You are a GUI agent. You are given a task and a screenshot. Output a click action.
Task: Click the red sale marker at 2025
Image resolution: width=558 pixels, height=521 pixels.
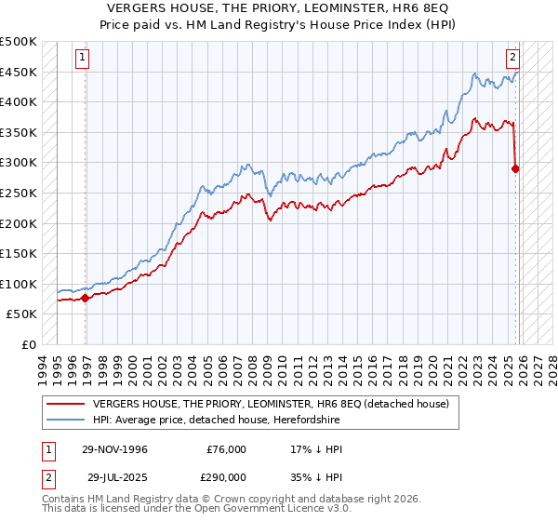click(515, 168)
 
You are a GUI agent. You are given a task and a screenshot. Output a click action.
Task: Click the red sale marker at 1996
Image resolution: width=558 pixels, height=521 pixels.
click(85, 298)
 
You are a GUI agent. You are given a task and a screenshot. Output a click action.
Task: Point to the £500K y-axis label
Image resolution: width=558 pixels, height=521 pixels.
click(19, 42)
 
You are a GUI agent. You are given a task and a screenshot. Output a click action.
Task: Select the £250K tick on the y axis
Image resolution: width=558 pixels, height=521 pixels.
click(19, 193)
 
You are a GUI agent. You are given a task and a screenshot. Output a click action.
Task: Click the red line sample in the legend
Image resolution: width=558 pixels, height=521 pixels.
click(67, 404)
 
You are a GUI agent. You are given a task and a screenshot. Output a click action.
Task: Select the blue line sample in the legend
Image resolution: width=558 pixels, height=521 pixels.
click(67, 419)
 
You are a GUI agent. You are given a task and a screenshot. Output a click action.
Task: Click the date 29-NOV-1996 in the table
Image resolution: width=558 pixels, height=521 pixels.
click(112, 449)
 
